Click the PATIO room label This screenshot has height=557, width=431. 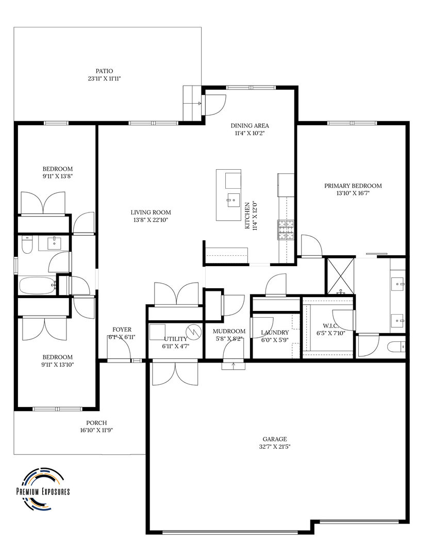pos(104,71)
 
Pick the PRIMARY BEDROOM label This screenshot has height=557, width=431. pos(353,186)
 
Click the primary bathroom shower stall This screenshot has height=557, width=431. pos(340,276)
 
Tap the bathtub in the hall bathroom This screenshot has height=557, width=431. pos(37,285)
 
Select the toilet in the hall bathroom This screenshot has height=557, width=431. pos(26,245)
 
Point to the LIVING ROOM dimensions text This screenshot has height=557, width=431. pos(150,220)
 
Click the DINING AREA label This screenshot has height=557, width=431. pos(250,125)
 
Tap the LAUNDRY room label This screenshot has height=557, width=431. pos(275,333)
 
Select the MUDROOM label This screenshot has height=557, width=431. pos(229,332)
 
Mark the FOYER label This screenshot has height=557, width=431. pos(122,330)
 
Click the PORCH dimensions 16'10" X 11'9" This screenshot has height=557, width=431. pos(96,430)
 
